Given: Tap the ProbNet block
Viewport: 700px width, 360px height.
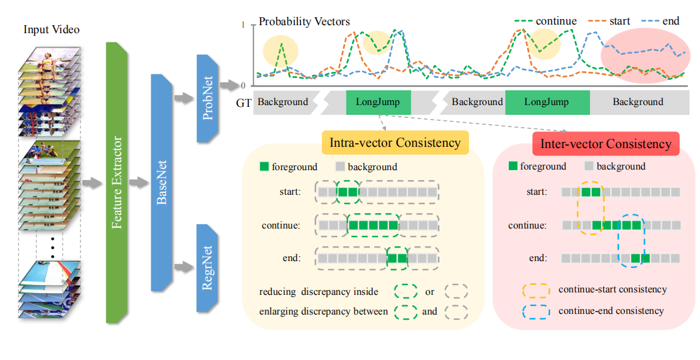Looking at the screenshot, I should tap(208, 98).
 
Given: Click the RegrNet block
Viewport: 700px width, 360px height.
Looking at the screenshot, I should tap(208, 267).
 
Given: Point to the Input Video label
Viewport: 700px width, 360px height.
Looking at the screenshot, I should tap(52, 29).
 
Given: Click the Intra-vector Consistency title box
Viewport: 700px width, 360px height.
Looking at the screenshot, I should tap(395, 143).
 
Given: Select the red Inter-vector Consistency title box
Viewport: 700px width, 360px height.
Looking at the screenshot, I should tap(605, 144).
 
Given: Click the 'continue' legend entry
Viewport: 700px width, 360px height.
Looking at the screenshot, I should tap(547, 21).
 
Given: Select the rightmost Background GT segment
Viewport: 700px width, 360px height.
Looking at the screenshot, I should tap(638, 102).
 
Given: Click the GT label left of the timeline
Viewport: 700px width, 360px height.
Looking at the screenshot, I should tap(244, 103).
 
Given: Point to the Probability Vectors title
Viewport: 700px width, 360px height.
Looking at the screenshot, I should tap(304, 22).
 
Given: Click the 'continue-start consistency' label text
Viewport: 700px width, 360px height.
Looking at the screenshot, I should tap(612, 289).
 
